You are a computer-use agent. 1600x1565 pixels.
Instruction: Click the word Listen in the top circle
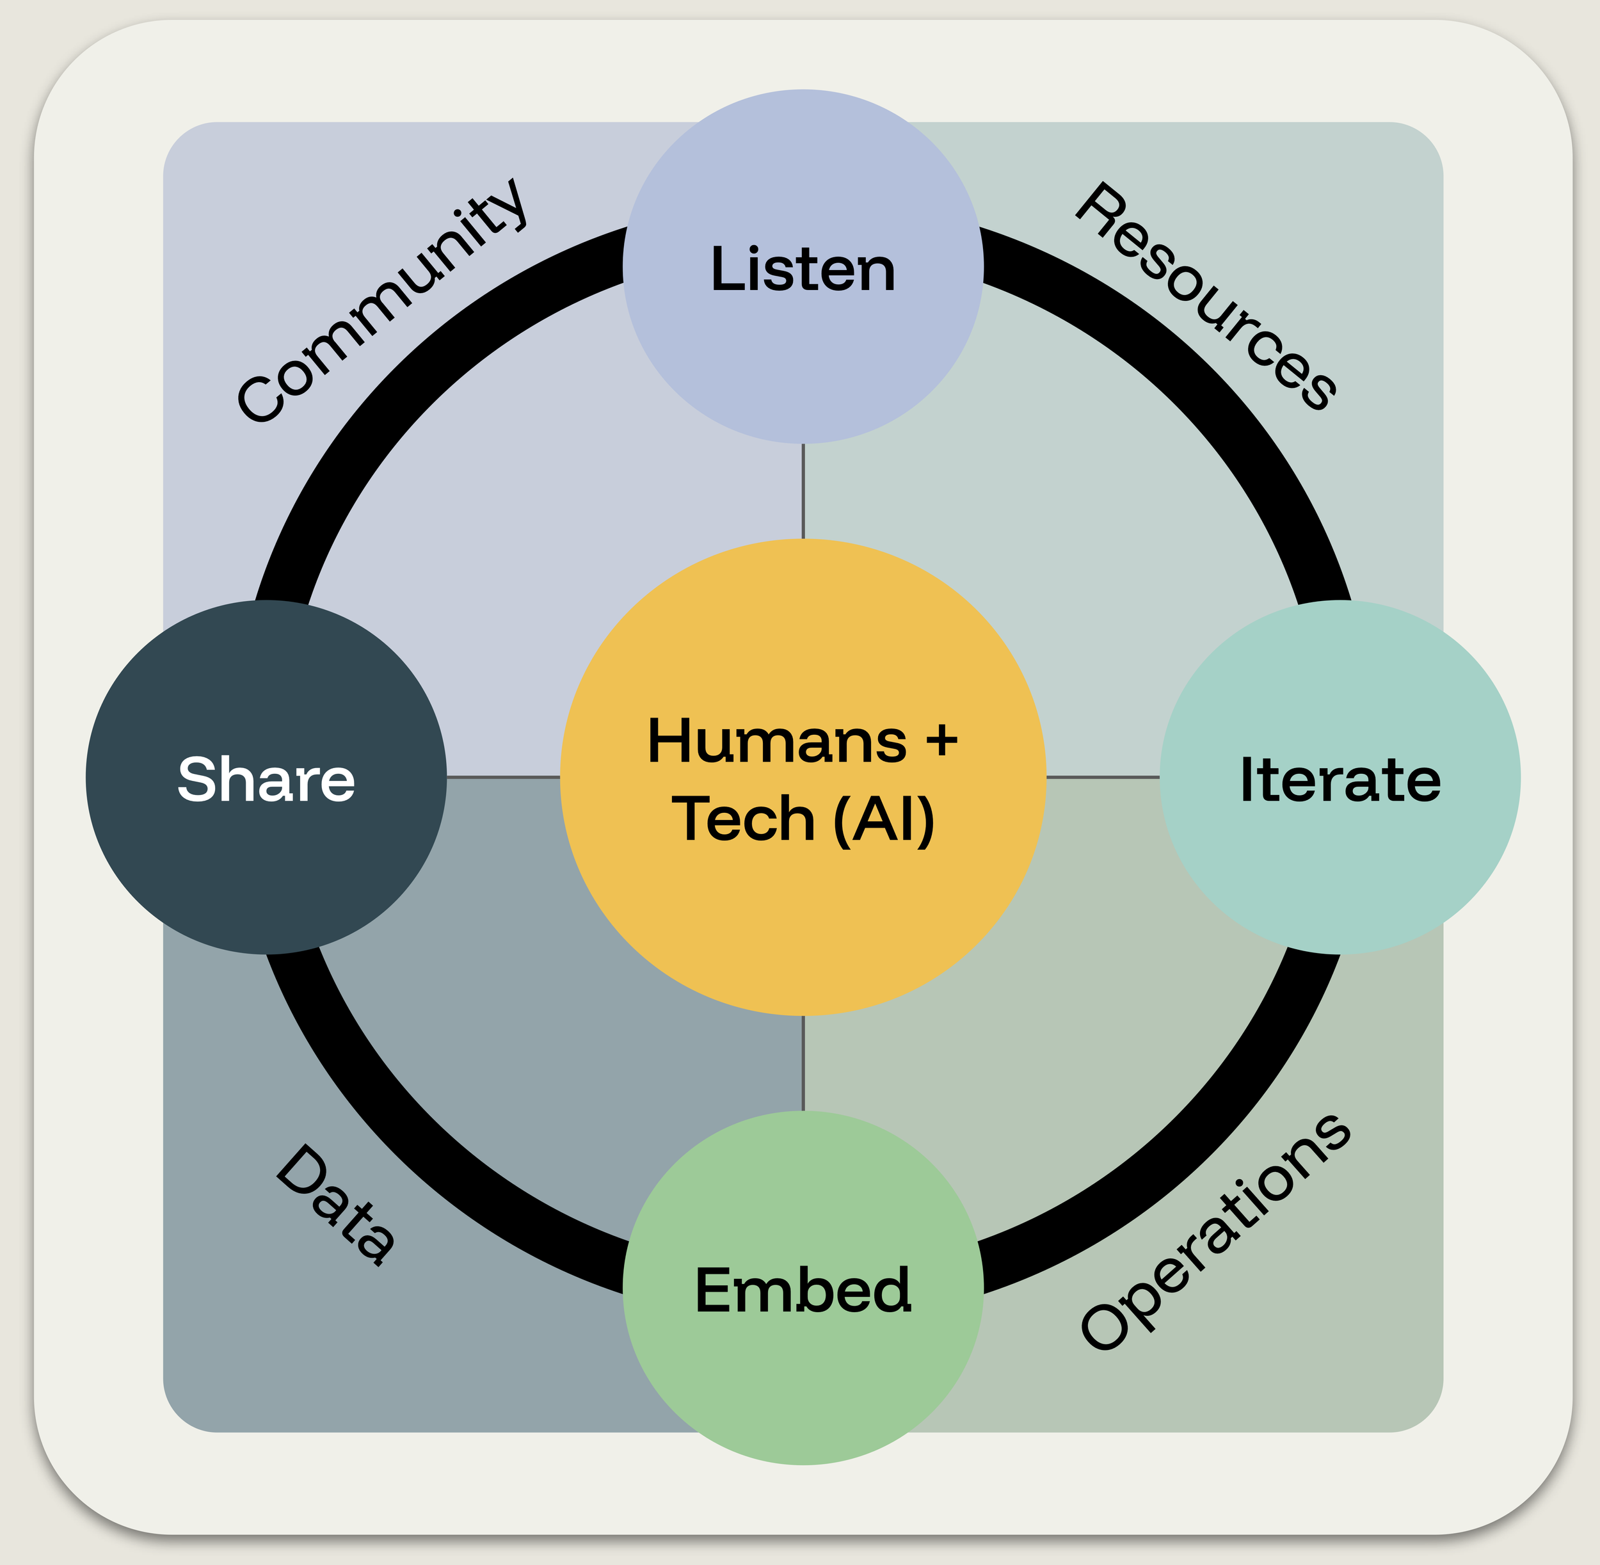(803, 269)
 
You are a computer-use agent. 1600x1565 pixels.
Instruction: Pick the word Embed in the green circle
(803, 1289)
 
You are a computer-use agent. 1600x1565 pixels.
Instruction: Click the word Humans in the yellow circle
(778, 741)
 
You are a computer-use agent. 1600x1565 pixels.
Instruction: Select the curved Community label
(382, 301)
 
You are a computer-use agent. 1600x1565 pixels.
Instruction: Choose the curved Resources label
(1206, 296)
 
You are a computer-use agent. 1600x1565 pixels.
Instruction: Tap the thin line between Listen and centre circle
(803, 492)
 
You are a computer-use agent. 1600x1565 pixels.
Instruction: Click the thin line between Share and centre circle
(503, 777)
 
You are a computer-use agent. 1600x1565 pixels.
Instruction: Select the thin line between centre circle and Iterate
(1103, 777)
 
